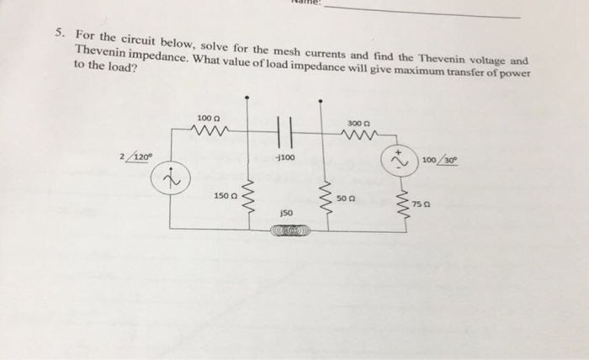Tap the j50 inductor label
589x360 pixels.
[x=287, y=214]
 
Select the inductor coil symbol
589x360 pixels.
[x=287, y=229]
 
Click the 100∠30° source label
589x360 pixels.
[x=440, y=160]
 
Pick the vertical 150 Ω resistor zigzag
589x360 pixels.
[x=246, y=196]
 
